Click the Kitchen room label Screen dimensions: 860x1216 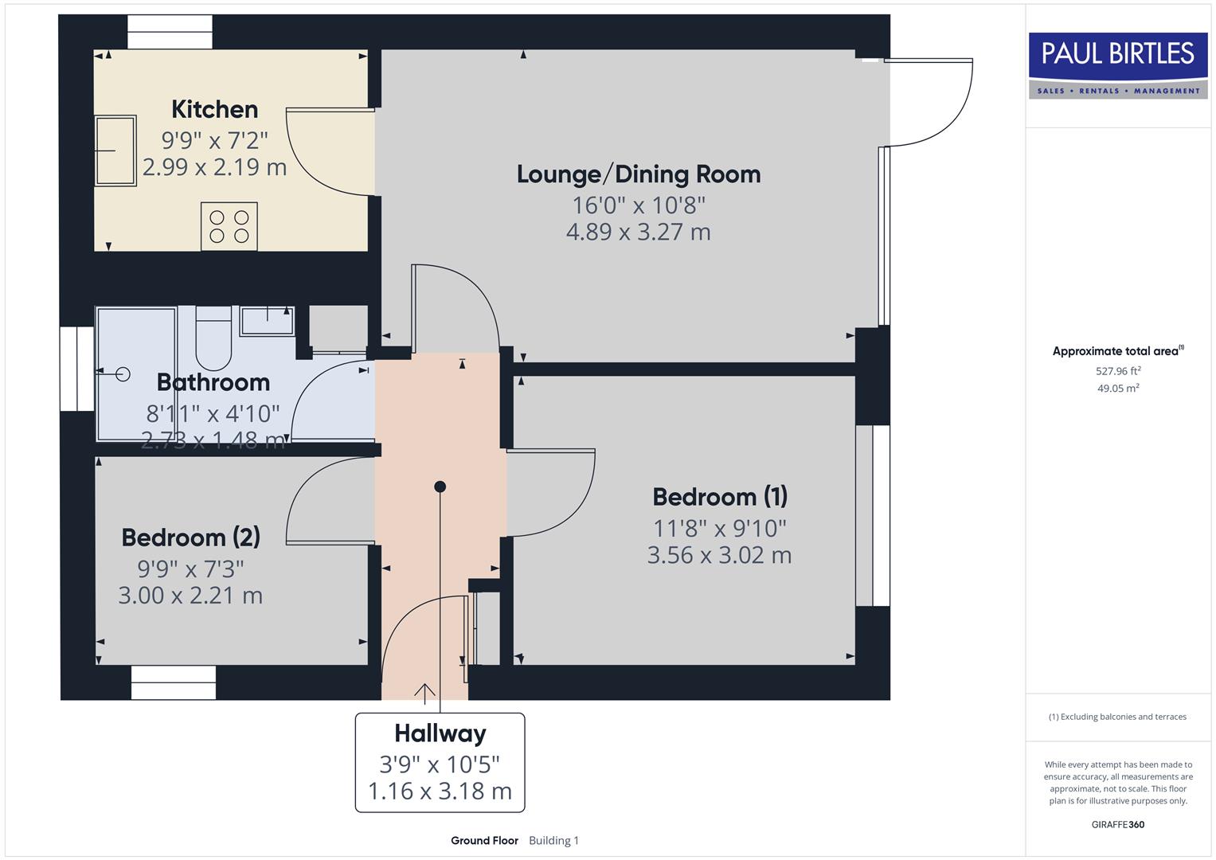pyautogui.click(x=214, y=109)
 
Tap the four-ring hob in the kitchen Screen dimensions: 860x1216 pyautogui.click(x=229, y=226)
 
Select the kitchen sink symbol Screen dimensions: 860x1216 pyautogui.click(x=115, y=150)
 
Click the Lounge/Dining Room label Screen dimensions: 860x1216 pyautogui.click(x=639, y=174)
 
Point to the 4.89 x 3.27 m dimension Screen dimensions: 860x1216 pyautogui.click(x=639, y=232)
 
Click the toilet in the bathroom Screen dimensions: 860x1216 pyautogui.click(x=213, y=338)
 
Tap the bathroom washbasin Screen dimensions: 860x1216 pyautogui.click(x=267, y=321)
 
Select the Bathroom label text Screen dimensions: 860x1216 pyautogui.click(x=213, y=382)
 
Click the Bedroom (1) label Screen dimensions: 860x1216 pyautogui.click(x=720, y=497)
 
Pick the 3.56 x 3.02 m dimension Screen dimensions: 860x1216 pyautogui.click(x=719, y=555)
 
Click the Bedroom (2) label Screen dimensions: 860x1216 pyautogui.click(x=190, y=537)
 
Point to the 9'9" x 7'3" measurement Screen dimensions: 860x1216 pyautogui.click(x=190, y=569)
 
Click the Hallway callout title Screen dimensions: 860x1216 pyautogui.click(x=440, y=733)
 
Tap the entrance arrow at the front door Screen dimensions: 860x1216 pyautogui.click(x=424, y=694)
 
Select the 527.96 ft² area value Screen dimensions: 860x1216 pyautogui.click(x=1118, y=371)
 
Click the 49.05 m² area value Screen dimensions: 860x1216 pyautogui.click(x=1118, y=389)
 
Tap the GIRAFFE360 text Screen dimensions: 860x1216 pyautogui.click(x=1117, y=824)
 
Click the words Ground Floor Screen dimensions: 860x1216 pyautogui.click(x=484, y=840)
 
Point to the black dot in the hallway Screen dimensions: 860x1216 pyautogui.click(x=440, y=487)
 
